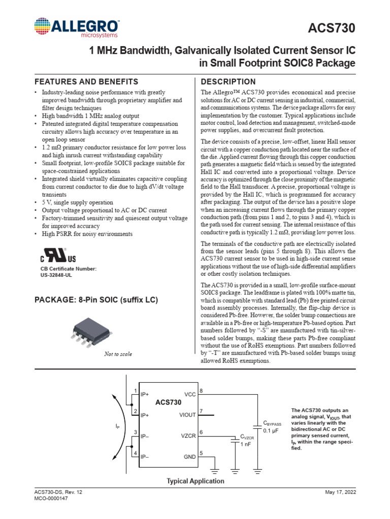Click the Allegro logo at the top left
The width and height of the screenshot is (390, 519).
click(x=77, y=28)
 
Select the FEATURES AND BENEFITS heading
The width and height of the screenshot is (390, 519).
click(x=86, y=82)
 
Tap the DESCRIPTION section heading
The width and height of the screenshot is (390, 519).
click(x=229, y=82)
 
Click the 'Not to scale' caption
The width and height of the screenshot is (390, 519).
click(x=118, y=354)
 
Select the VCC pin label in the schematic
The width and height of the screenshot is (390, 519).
click(x=189, y=394)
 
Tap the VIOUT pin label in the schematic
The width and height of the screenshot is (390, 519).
click(x=187, y=415)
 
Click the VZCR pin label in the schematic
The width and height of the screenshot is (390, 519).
click(x=188, y=435)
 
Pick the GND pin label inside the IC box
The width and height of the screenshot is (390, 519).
click(x=189, y=457)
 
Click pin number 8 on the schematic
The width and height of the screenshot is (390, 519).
click(x=201, y=390)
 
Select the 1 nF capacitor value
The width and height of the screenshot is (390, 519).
click(x=246, y=444)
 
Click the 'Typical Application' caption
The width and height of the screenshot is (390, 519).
click(x=196, y=481)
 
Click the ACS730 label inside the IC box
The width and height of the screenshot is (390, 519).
click(x=168, y=402)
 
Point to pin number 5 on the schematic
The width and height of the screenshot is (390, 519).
click(x=201, y=453)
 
